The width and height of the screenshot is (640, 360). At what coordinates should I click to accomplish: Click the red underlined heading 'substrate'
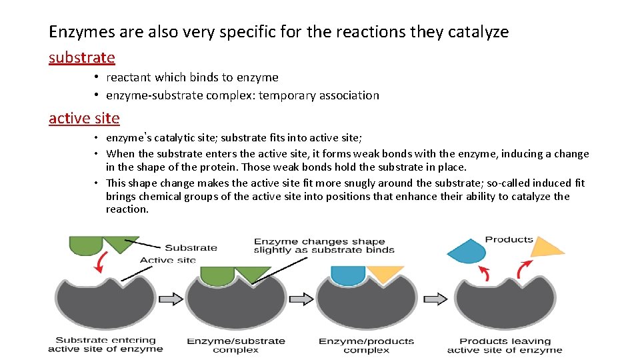tap(82, 58)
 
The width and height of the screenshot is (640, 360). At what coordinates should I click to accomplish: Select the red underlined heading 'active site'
tap(84, 119)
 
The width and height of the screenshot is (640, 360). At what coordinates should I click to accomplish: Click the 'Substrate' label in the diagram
tap(191, 247)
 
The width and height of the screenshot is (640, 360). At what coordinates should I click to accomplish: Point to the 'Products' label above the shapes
tap(509, 239)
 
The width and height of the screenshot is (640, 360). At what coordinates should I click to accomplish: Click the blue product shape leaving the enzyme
tap(467, 251)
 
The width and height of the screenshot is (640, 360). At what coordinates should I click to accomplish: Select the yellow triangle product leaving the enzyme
tap(546, 247)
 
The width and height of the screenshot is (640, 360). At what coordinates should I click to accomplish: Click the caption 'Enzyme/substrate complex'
tap(235, 345)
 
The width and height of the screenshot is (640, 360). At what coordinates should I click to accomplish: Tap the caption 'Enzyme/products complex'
tap(366, 345)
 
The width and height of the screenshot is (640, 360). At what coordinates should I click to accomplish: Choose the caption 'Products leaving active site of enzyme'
tap(504, 345)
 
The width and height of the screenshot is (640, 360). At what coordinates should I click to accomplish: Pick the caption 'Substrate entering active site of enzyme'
tap(105, 345)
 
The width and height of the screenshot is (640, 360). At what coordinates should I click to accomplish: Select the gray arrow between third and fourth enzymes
tap(435, 299)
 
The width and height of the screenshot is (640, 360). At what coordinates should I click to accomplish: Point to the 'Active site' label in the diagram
tap(167, 260)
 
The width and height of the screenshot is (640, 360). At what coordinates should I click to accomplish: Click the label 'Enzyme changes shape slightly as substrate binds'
tap(323, 245)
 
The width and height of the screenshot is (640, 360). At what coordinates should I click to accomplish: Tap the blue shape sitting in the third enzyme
tap(347, 274)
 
